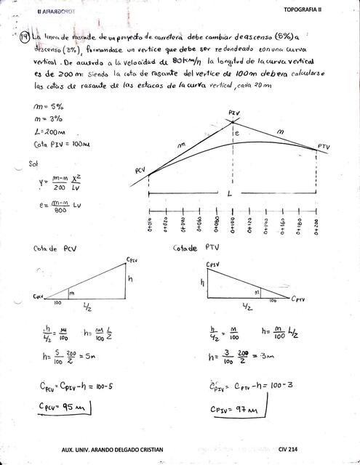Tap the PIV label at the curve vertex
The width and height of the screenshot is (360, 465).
coord(233,114)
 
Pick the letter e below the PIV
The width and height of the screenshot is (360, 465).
coord(236,134)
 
